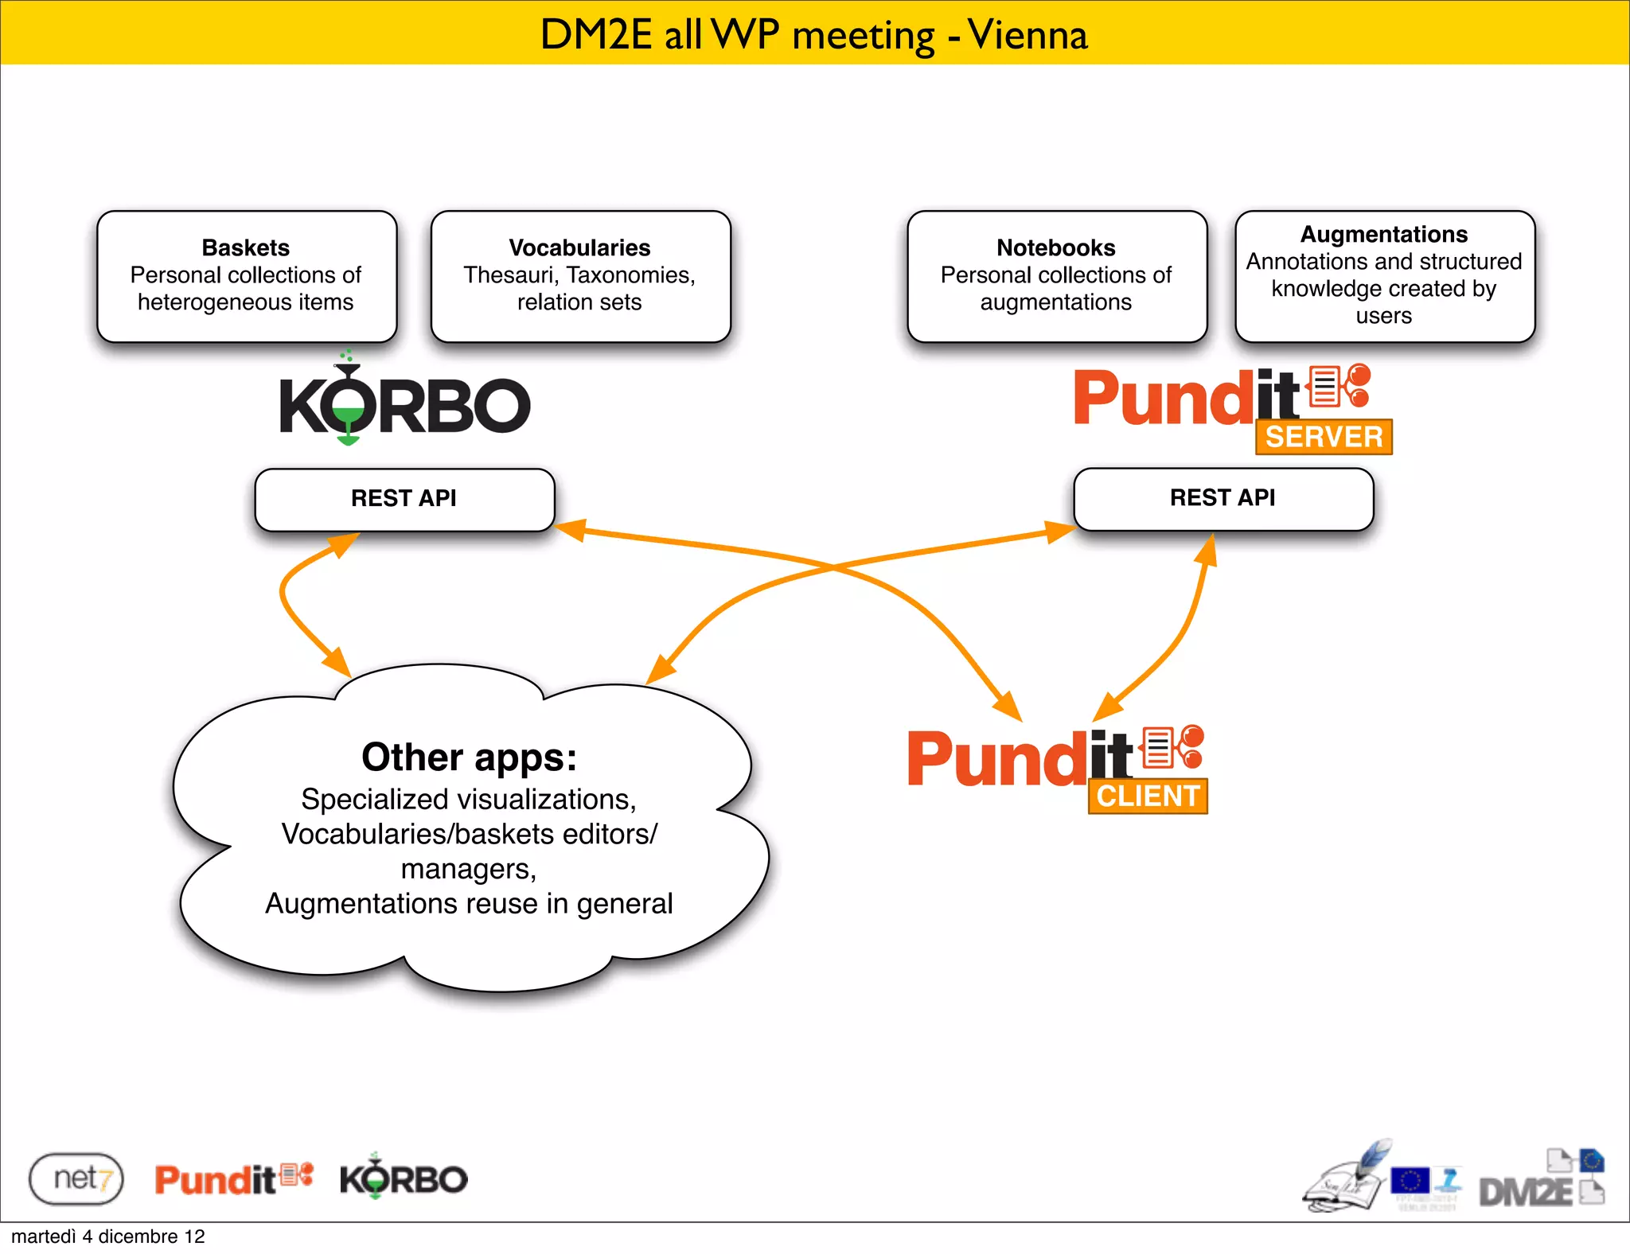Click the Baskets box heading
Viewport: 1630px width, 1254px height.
click(x=245, y=247)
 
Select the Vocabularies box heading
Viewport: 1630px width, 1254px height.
click(x=579, y=247)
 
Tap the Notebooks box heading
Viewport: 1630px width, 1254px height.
click(x=1055, y=247)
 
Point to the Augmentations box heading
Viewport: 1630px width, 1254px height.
click(x=1383, y=234)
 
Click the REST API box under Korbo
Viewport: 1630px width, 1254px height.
click(x=404, y=499)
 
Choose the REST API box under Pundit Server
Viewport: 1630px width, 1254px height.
click(x=1222, y=498)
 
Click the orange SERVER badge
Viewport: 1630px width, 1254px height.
click(x=1324, y=437)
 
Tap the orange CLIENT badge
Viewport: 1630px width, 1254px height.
click(x=1148, y=796)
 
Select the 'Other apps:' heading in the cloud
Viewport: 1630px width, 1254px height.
click(x=469, y=757)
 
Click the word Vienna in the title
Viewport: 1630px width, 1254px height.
click(x=1028, y=35)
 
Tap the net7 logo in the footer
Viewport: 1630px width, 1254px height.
click(x=76, y=1178)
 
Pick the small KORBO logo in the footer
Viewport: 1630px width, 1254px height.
click(x=404, y=1178)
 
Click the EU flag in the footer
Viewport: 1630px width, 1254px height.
click(x=1410, y=1180)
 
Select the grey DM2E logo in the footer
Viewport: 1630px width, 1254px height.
click(x=1526, y=1191)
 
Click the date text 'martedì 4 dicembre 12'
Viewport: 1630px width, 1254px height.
click(x=108, y=1236)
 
